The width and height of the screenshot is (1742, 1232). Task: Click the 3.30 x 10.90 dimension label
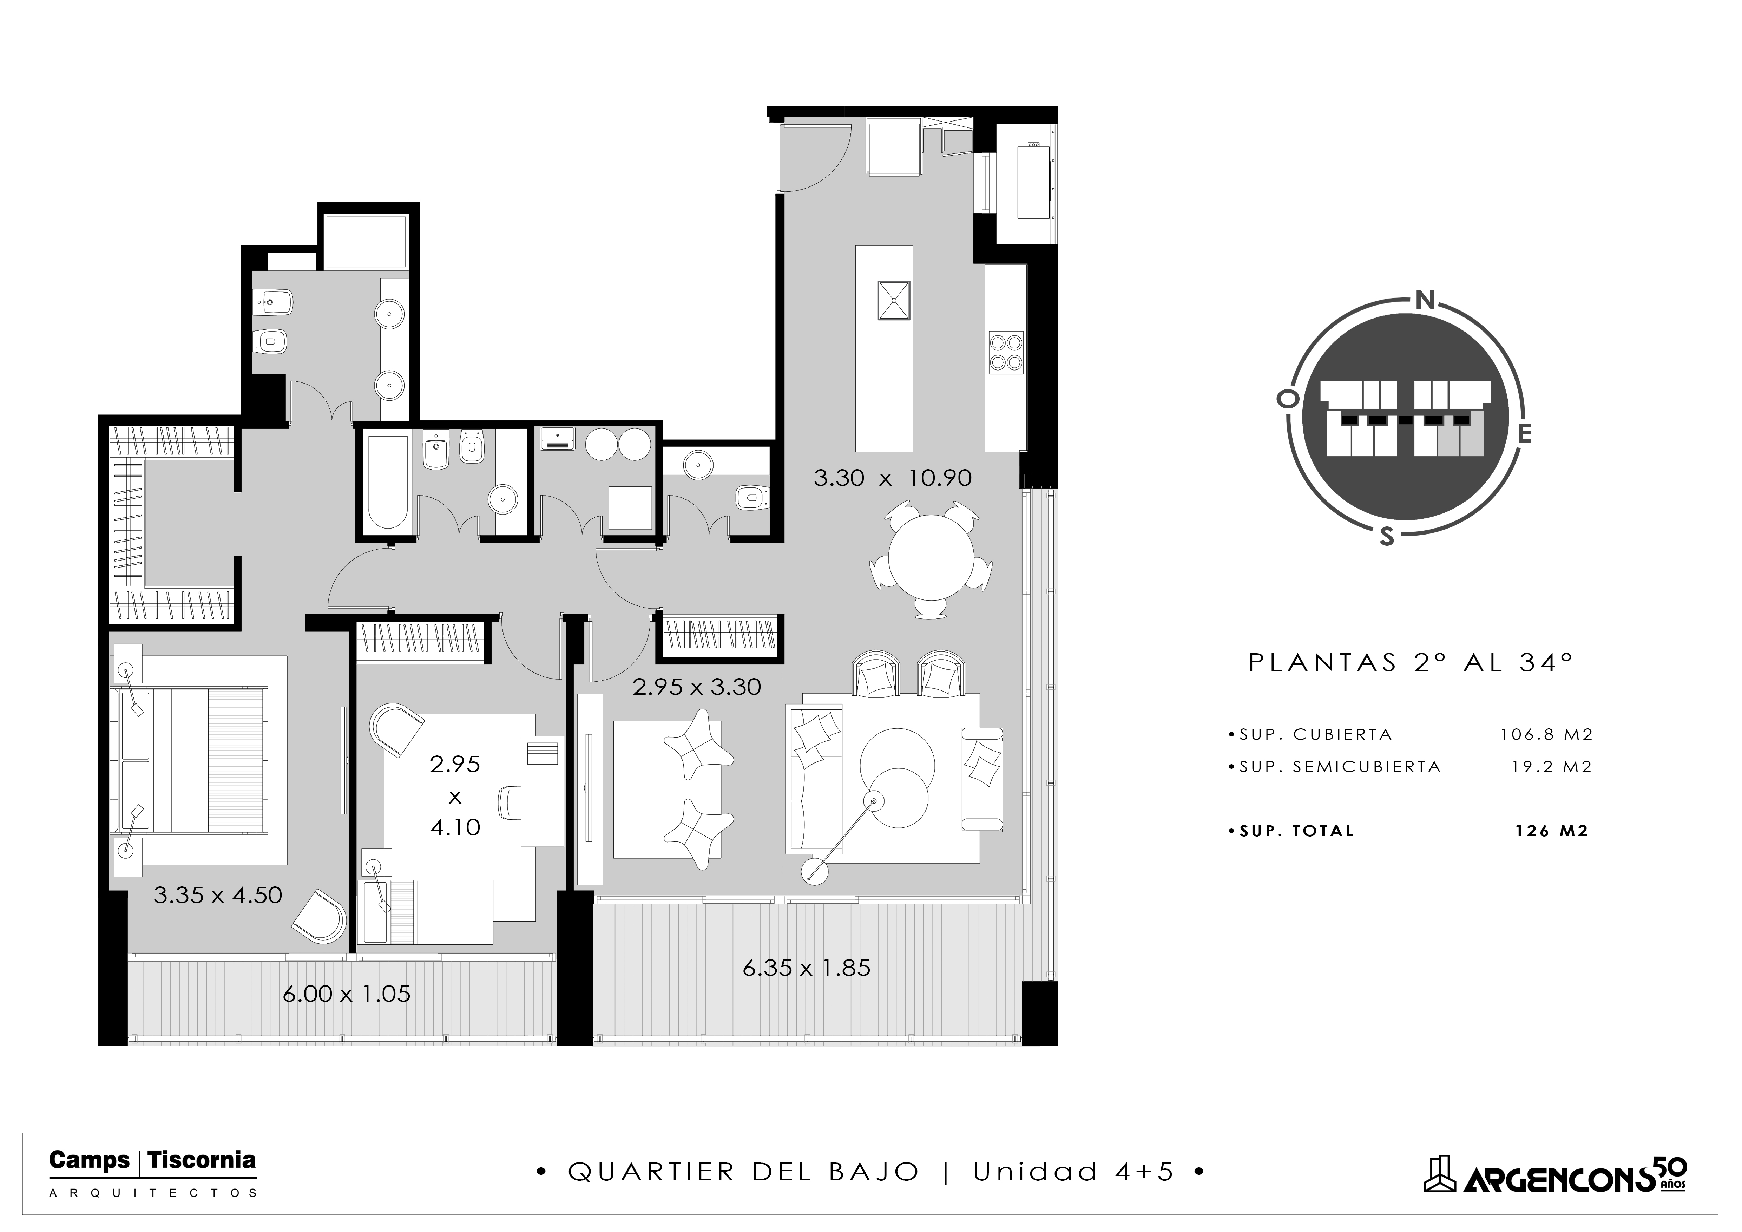pos(892,478)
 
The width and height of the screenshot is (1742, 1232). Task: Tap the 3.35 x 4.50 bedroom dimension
pos(218,895)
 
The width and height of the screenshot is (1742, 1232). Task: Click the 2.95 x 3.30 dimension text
pos(697,687)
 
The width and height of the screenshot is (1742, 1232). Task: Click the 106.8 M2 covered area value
pos(1546,734)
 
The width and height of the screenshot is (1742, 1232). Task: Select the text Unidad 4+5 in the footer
pos(1073,1172)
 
